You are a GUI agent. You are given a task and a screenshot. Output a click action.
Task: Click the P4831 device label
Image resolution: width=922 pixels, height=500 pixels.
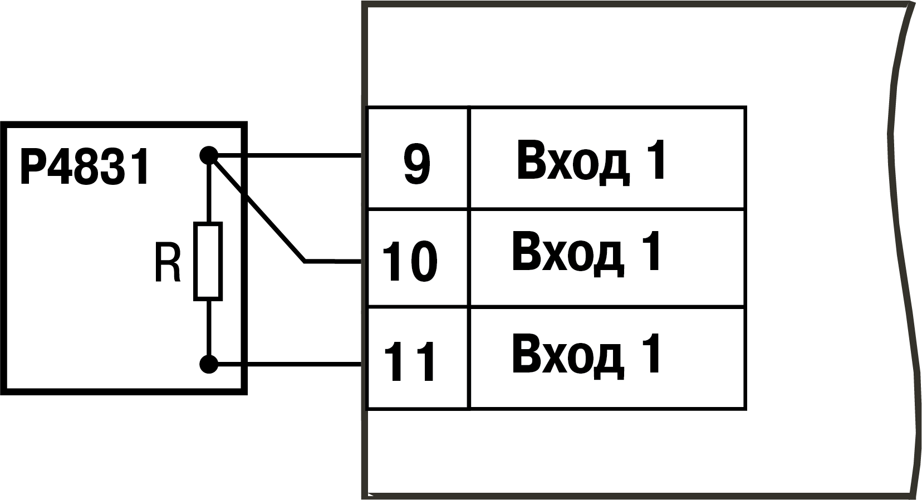click(85, 167)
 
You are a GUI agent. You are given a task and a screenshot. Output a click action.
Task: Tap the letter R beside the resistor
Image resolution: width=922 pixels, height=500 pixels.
click(168, 263)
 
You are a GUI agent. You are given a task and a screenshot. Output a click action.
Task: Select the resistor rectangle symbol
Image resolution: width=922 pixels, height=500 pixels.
click(208, 261)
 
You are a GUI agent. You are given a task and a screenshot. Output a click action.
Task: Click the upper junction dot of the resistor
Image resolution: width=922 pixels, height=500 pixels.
click(209, 155)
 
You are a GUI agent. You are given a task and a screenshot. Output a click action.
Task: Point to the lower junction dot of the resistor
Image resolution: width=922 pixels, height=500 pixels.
click(209, 364)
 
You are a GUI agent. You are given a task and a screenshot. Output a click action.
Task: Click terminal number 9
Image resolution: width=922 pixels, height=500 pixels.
click(417, 165)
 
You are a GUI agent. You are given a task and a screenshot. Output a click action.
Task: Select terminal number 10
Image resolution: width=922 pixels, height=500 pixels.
click(410, 262)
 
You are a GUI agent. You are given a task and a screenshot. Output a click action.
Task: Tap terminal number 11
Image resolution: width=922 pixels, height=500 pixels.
click(410, 362)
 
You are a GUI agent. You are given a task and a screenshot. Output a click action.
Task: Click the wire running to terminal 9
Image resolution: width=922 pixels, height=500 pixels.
click(285, 155)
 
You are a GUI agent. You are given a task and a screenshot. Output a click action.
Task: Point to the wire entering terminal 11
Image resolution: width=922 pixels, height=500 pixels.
click(285, 364)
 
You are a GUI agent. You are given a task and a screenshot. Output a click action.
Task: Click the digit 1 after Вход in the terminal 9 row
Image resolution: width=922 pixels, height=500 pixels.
click(654, 160)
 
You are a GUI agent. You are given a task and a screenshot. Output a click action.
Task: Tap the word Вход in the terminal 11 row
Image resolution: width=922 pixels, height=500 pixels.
click(567, 355)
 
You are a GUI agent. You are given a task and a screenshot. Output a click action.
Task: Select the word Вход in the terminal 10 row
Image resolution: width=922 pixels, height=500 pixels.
click(567, 252)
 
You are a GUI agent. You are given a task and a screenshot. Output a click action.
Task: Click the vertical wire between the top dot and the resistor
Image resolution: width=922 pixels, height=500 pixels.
click(209, 189)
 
